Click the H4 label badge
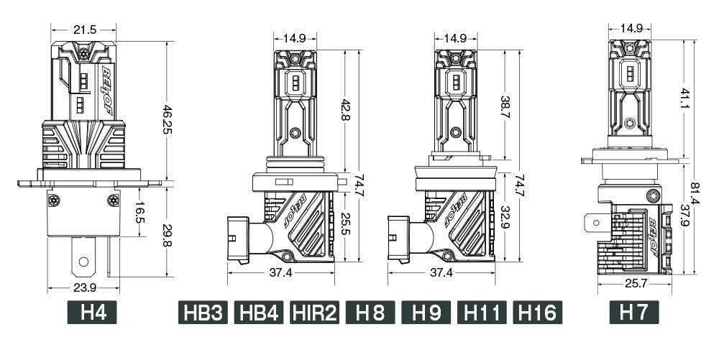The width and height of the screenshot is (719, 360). click(x=92, y=313)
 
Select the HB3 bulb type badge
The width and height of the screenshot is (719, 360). click(x=203, y=313)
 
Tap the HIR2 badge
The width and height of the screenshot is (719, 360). click(x=315, y=313)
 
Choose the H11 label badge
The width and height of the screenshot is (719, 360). click(x=482, y=313)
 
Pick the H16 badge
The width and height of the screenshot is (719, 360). click(x=537, y=313)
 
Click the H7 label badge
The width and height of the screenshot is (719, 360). click(x=634, y=313)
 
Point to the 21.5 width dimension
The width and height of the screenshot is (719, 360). click(x=85, y=30)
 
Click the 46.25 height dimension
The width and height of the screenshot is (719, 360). click(x=168, y=119)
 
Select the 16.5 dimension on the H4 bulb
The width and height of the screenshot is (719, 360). click(x=140, y=212)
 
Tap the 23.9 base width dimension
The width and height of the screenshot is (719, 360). click(x=85, y=287)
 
